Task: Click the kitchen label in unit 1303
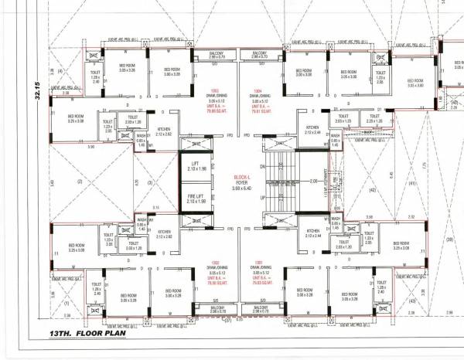click(163, 131)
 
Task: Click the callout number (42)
click(371, 190)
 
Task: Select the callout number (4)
click(59, 72)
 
